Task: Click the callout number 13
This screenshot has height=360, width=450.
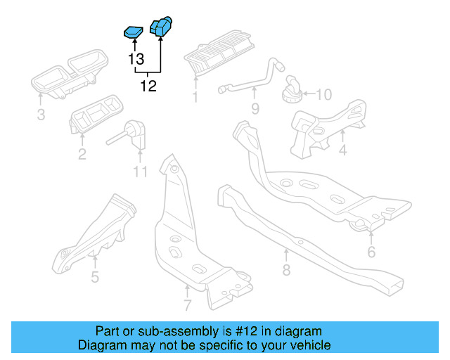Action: [x=136, y=60]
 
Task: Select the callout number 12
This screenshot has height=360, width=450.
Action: [x=149, y=86]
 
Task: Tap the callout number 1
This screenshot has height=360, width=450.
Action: [x=195, y=97]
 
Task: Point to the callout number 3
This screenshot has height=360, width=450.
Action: [x=41, y=115]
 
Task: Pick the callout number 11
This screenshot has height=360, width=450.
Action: [x=140, y=172]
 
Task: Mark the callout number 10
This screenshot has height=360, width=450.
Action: [x=323, y=94]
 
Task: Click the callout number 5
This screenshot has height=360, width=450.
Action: [x=95, y=276]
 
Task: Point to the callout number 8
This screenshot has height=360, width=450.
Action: [x=286, y=269]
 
